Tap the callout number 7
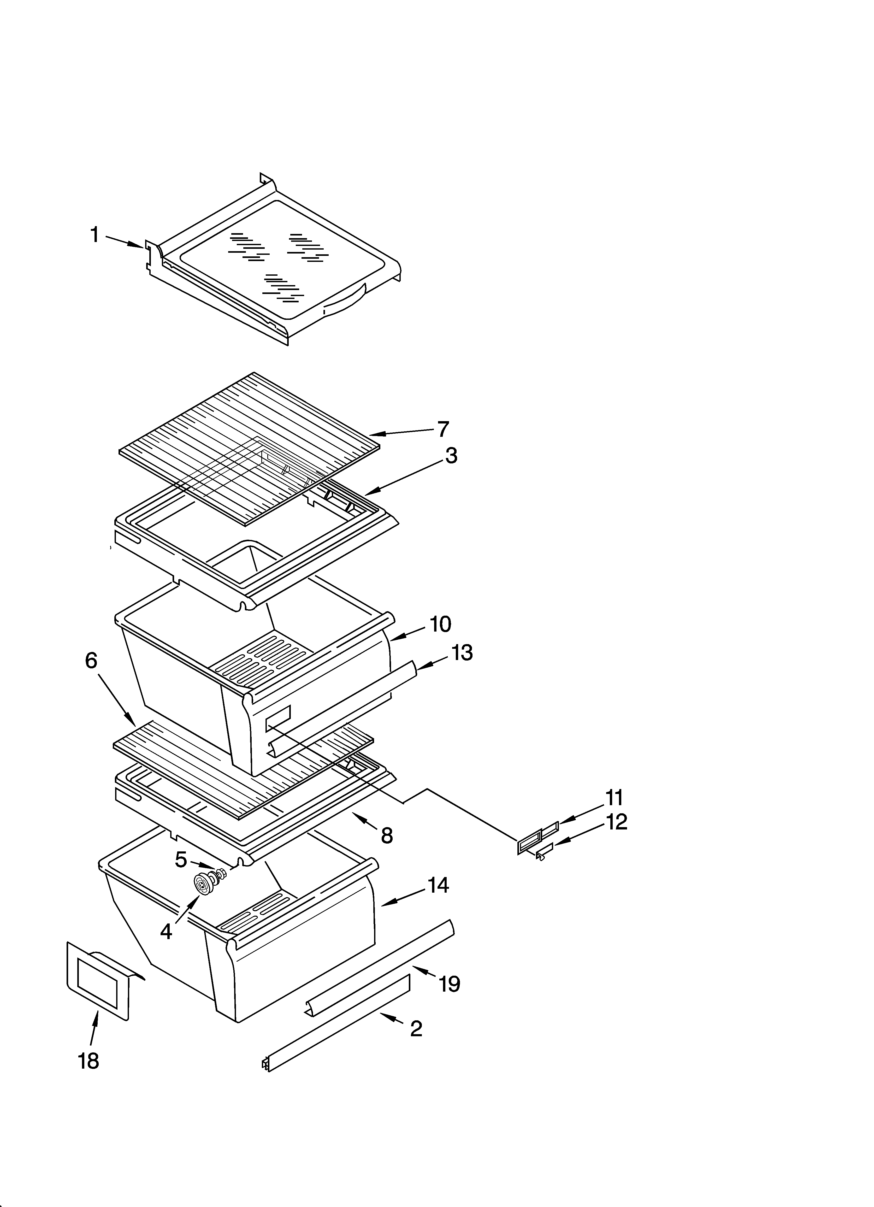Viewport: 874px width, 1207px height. pos(443,429)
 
